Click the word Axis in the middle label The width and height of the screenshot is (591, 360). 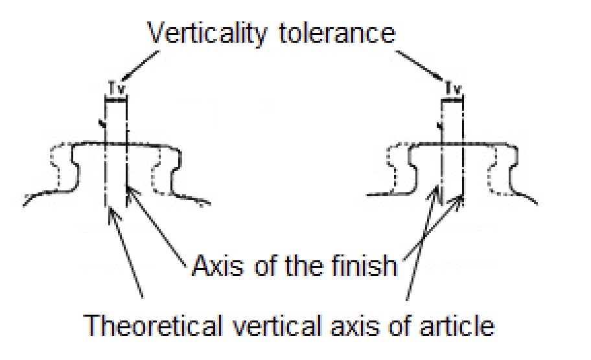[x=213, y=265]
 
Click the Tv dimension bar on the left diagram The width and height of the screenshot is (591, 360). [x=116, y=98]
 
